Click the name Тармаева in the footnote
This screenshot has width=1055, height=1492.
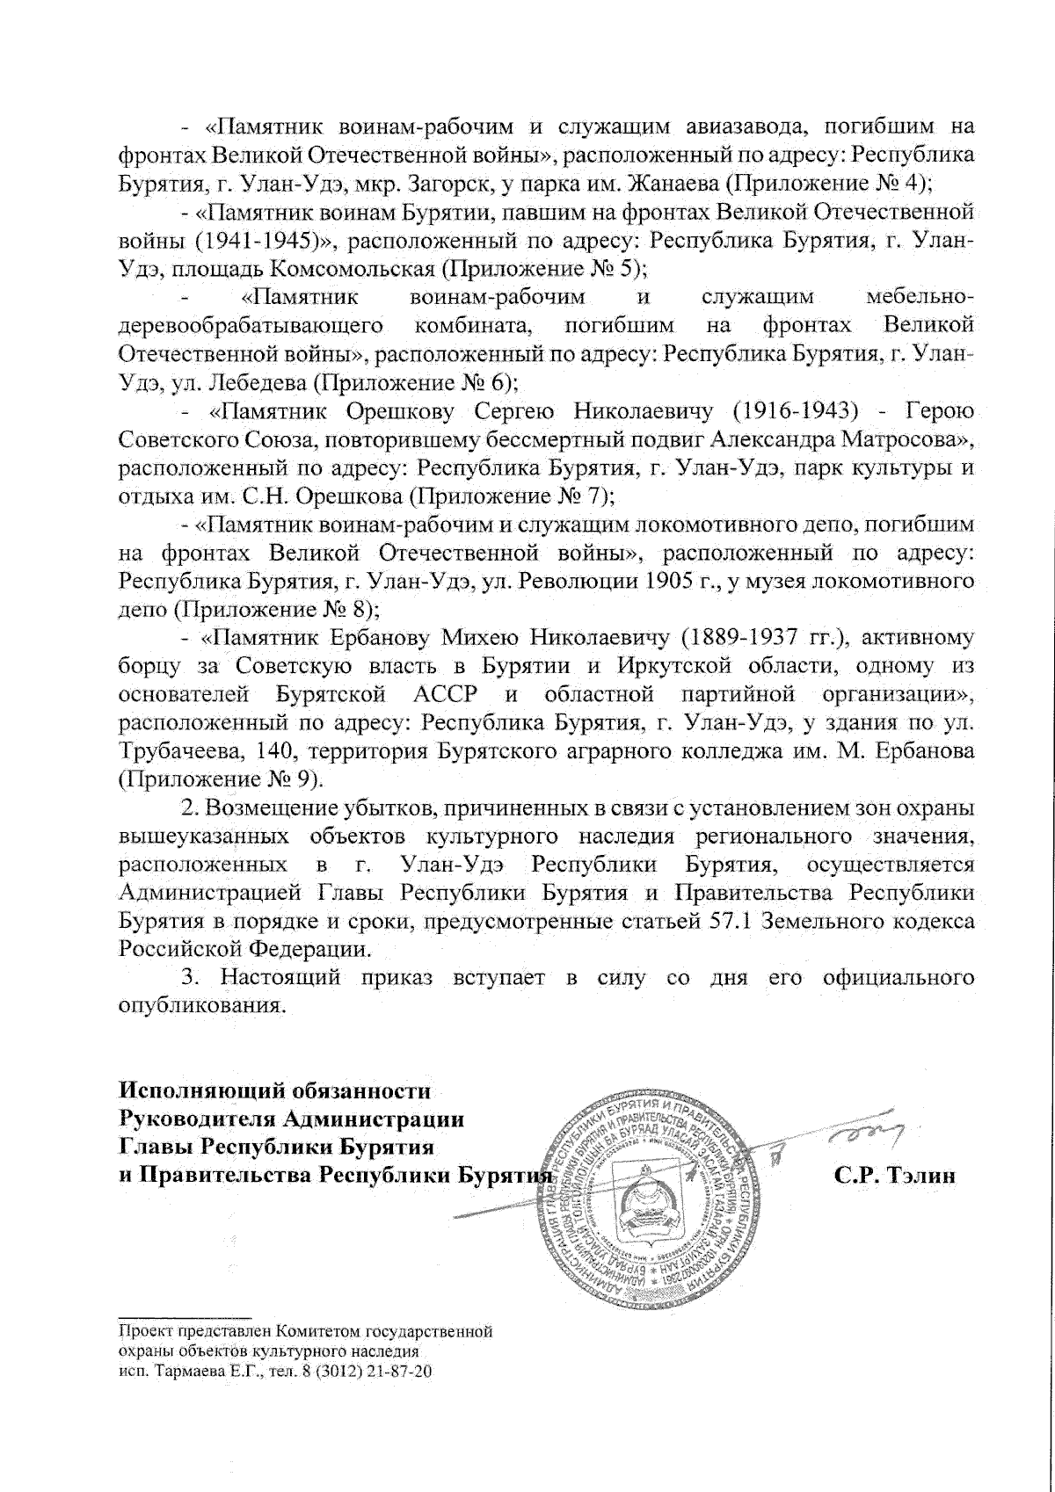(186, 1371)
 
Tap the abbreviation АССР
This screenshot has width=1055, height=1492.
(445, 695)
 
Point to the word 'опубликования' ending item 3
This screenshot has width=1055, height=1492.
(202, 1006)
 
